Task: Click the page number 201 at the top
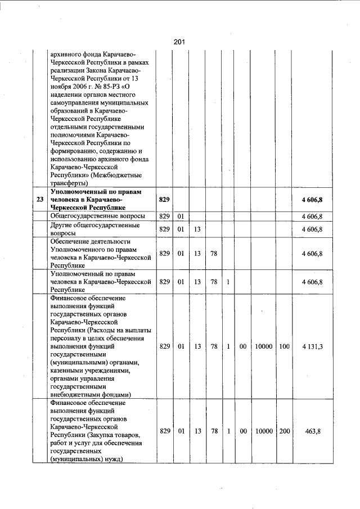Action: [x=179, y=42]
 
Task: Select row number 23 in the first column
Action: [x=39, y=200]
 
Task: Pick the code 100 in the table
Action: [x=284, y=346]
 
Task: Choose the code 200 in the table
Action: [x=284, y=431]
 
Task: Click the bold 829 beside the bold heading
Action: [x=164, y=200]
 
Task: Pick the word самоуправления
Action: [x=76, y=103]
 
